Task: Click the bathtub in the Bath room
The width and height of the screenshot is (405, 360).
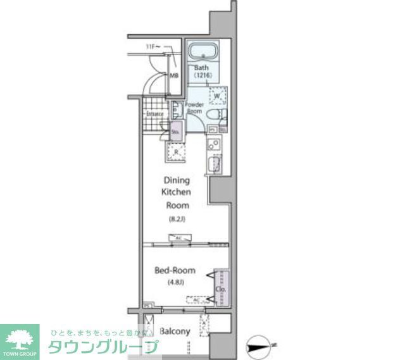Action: pyautogui.click(x=202, y=51)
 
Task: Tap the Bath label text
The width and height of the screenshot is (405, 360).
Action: pyautogui.click(x=201, y=68)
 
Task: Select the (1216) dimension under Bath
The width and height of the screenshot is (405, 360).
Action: pyautogui.click(x=202, y=76)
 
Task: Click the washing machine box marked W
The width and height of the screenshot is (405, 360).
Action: pyautogui.click(x=218, y=96)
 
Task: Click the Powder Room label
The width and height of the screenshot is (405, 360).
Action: pyautogui.click(x=194, y=108)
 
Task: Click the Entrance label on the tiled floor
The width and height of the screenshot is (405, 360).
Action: pyautogui.click(x=155, y=114)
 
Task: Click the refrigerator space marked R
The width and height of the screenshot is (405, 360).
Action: pyautogui.click(x=176, y=152)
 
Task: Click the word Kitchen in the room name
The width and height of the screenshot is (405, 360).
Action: pyautogui.click(x=177, y=192)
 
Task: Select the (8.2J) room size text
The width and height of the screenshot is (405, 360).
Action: pyautogui.click(x=176, y=220)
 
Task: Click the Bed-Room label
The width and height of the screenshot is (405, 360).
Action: pyautogui.click(x=175, y=270)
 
